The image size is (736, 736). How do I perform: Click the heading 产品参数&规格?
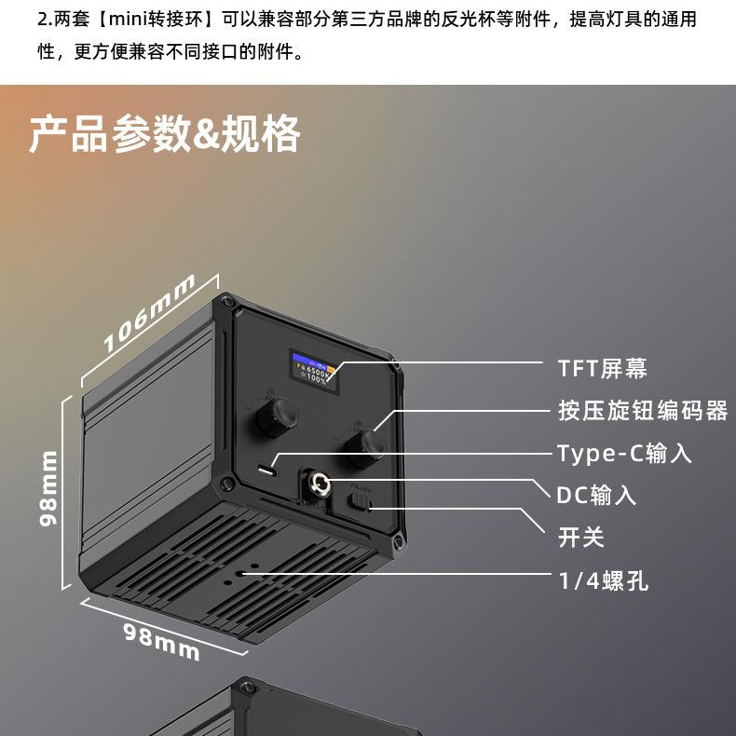164,134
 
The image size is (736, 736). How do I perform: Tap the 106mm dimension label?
149,313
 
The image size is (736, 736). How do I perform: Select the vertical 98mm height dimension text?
48,488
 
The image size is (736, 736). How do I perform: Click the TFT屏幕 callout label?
602,368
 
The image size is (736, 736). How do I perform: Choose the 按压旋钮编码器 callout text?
642,410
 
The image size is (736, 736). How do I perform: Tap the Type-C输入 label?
624,454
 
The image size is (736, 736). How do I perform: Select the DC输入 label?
596,495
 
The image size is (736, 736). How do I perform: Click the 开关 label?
580,538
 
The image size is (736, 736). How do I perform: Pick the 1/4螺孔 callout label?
603,581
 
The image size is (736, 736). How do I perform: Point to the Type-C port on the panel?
267,470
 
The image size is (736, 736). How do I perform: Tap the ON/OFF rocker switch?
361,500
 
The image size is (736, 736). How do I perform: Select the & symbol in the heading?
207,134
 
